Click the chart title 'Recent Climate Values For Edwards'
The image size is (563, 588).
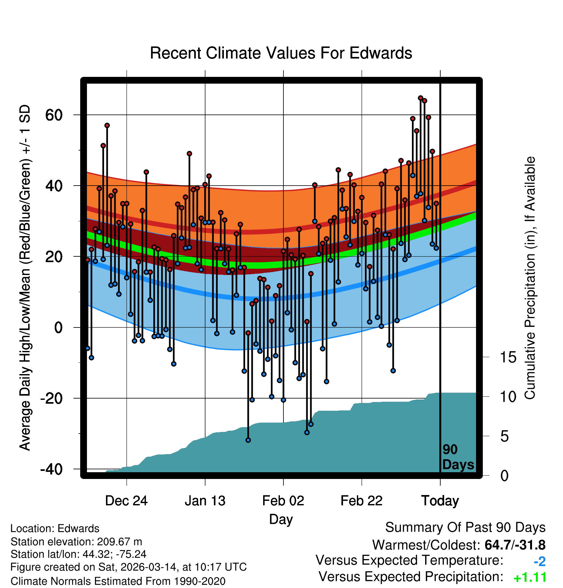281,53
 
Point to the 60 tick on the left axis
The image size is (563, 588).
54,115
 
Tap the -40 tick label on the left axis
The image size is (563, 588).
52,469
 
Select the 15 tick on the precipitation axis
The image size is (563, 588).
508,357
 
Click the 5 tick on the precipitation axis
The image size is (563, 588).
504,436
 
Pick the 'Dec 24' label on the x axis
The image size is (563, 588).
126,501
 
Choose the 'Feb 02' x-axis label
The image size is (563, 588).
283,501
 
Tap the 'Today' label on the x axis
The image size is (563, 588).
440,501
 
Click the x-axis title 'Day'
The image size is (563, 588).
281,519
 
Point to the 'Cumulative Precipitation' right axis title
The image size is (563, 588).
530,278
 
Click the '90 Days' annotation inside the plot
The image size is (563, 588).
458,457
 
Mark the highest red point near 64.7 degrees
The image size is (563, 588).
420,98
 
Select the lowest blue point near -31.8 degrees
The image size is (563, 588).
248,440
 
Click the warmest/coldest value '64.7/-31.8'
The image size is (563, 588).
515,545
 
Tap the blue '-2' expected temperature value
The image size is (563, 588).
539,562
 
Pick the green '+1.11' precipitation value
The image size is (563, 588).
530,578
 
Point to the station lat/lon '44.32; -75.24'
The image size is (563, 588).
114,554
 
